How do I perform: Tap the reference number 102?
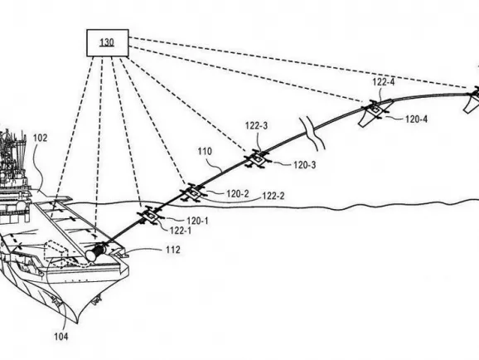point(40,138)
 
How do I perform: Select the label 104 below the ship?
point(61,337)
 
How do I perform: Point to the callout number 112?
point(173,250)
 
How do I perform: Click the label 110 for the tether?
point(205,151)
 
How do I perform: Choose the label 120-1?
point(197,221)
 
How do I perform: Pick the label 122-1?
point(181,231)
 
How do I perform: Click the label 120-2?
point(237,193)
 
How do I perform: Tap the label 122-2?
point(273,196)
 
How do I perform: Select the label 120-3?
point(305,165)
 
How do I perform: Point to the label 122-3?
point(256,125)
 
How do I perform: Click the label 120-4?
point(416,119)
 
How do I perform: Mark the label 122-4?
point(384,82)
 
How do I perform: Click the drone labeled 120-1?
point(151,216)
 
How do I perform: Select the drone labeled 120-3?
point(258,158)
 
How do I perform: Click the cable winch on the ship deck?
point(96,251)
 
